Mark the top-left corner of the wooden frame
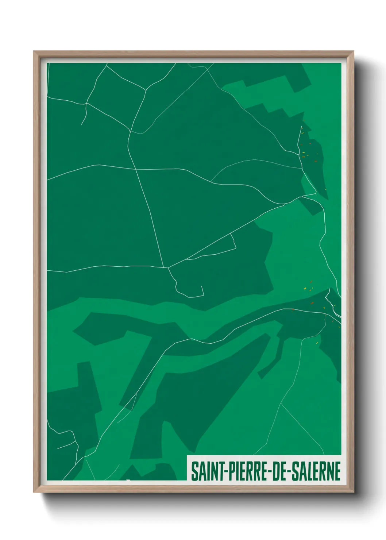pos(34,51)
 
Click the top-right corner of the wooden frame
pos(354,51)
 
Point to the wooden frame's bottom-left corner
pos(34,493)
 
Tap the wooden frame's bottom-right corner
pos(354,493)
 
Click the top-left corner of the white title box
pos(187,456)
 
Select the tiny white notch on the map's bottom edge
pos(128,480)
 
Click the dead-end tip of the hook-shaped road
pos(202,286)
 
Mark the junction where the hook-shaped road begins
pos(168,268)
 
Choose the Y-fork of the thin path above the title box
pos(281,403)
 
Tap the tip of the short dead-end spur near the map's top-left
pos(81,125)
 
